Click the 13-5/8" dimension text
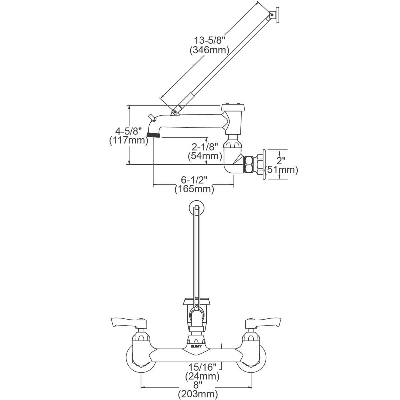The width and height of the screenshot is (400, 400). click(210, 40)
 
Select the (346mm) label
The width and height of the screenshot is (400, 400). click(210, 51)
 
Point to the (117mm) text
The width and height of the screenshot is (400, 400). click(129, 141)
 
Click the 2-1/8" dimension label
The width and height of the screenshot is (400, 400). click(205, 146)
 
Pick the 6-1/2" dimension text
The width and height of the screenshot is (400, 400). click(194, 180)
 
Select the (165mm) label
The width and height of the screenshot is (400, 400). click(194, 190)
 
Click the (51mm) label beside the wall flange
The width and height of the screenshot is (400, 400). click(281, 170)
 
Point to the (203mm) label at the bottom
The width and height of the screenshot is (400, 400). click(198, 394)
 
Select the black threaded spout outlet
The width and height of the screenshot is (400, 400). click(153, 135)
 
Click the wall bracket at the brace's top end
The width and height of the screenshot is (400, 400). click(276, 14)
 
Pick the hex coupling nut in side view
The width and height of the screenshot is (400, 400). click(249, 164)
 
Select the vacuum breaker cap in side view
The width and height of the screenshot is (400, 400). click(234, 107)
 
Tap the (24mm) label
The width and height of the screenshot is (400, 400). click(202, 377)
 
